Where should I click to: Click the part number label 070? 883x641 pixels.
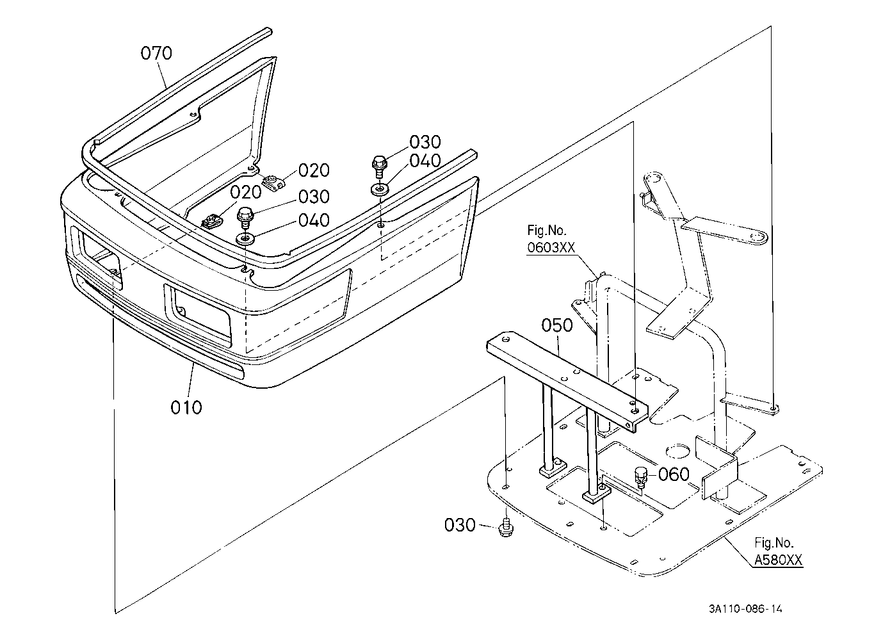[156, 53]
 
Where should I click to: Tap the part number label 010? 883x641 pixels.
[186, 407]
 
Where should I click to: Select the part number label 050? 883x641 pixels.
[556, 325]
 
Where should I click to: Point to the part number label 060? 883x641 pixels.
[674, 475]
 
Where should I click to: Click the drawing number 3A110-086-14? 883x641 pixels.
[745, 609]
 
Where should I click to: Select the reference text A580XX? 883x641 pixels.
[778, 560]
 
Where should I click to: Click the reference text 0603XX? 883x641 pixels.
[551, 248]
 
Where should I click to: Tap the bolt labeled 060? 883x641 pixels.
[641, 477]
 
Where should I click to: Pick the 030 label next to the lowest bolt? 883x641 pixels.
[460, 525]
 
